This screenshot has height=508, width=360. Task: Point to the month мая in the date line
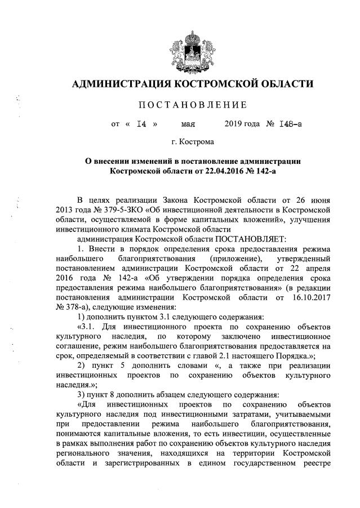click(x=188, y=124)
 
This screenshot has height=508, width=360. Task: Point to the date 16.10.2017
click(x=309, y=297)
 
